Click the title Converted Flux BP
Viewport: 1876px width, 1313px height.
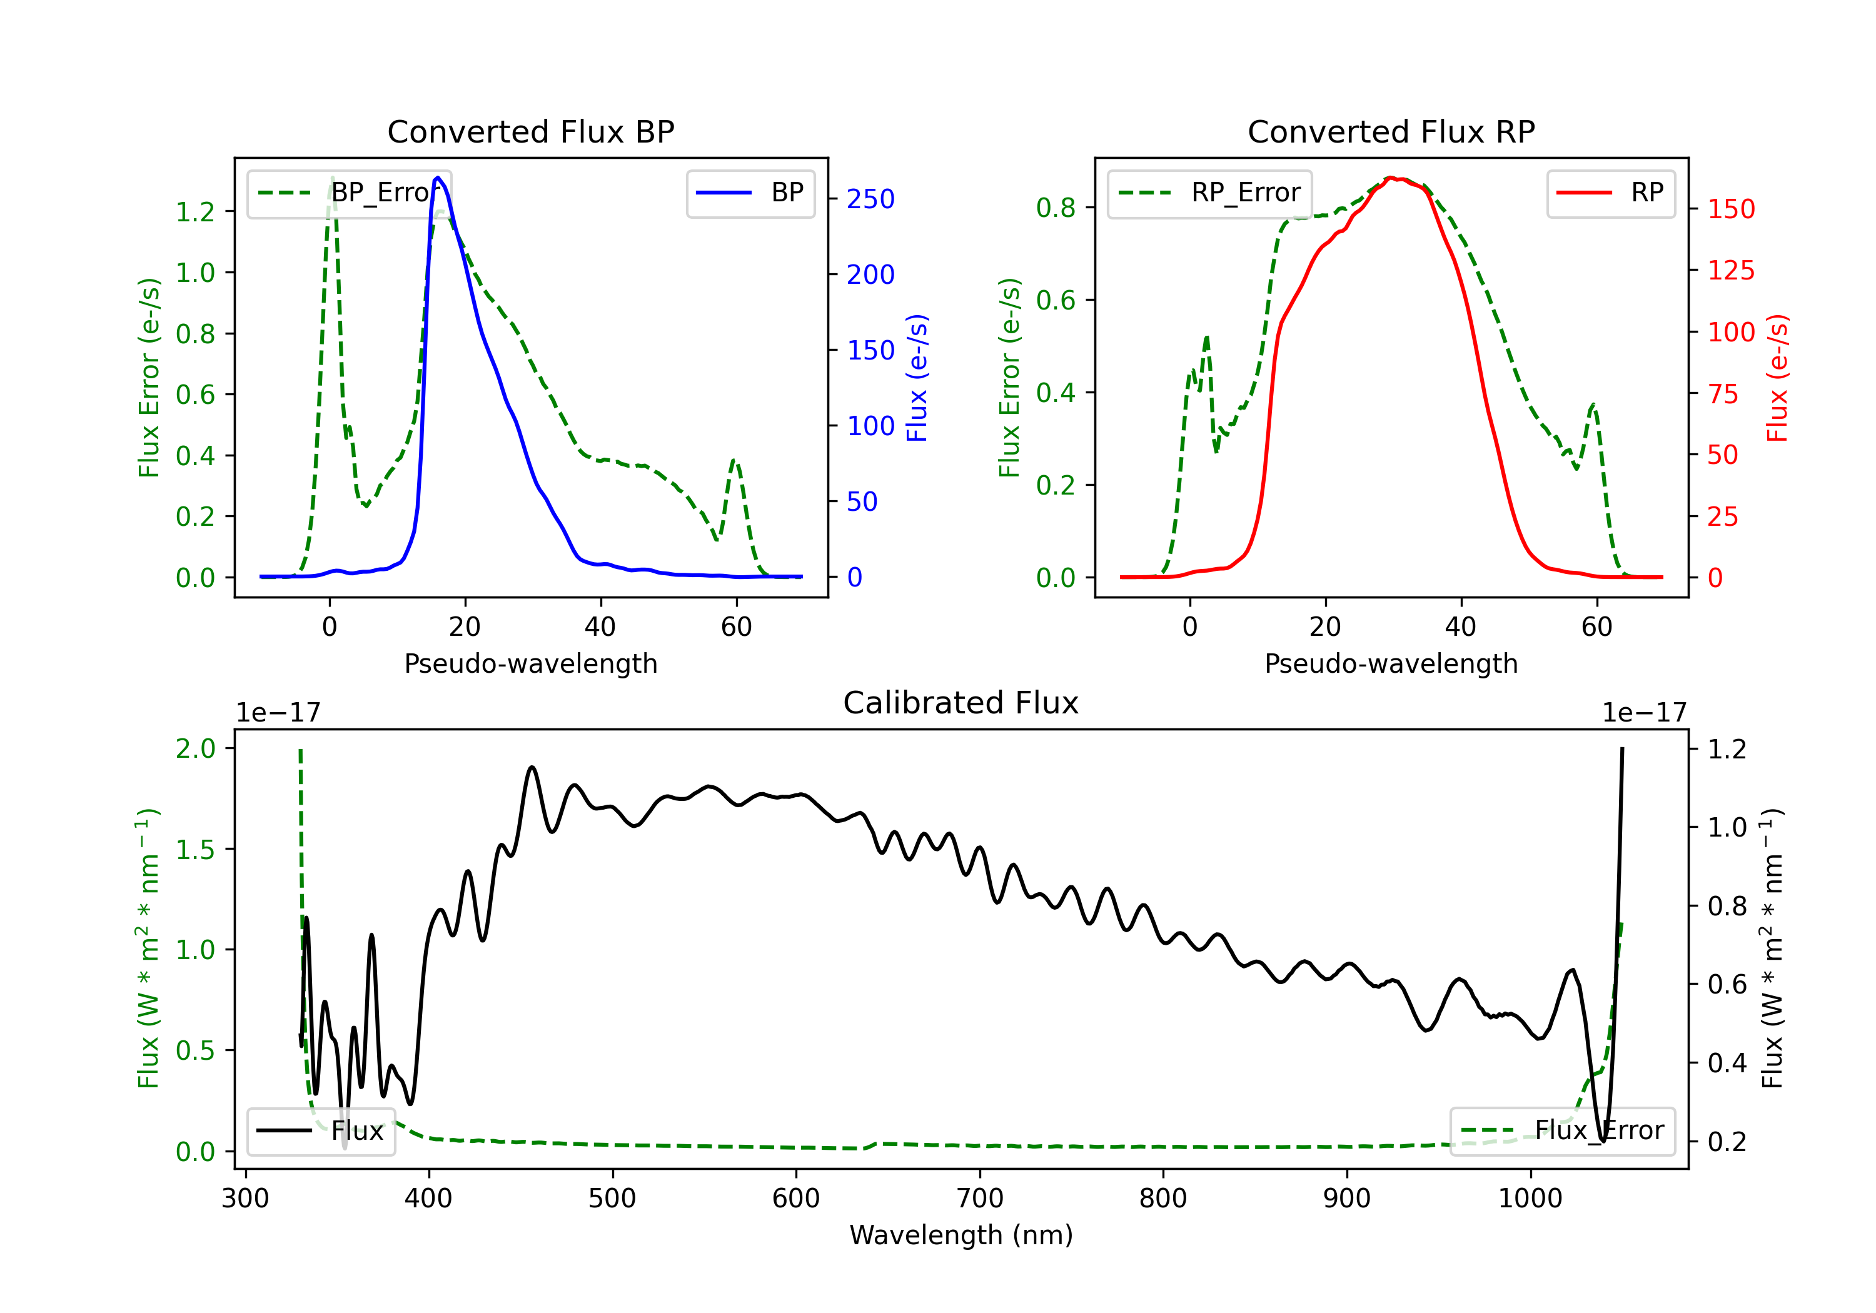(x=530, y=131)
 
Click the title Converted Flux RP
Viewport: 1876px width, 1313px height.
(x=1391, y=131)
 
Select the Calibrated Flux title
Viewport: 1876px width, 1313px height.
(x=961, y=703)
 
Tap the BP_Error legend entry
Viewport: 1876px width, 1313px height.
(x=349, y=193)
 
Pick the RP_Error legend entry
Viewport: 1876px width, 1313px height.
(x=1209, y=193)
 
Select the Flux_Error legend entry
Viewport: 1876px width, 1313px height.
(x=1561, y=1131)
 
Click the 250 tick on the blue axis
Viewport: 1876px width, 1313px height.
(x=870, y=199)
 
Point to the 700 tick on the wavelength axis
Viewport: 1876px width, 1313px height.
(x=980, y=1199)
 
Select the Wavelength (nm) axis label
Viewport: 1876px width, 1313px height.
(x=961, y=1235)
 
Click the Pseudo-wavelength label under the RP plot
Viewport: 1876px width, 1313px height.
(x=1391, y=663)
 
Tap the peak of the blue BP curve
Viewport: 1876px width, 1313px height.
(x=438, y=178)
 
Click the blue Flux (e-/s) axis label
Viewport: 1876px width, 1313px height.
(x=917, y=378)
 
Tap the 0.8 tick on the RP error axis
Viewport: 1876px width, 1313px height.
(x=1056, y=208)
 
